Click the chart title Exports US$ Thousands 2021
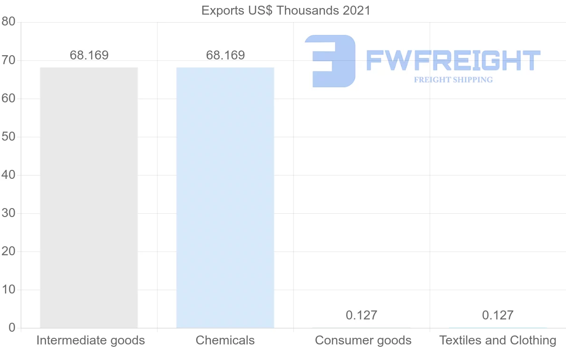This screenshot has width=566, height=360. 286,10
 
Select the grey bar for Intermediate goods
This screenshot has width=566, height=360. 89,198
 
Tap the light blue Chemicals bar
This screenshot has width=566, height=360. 225,198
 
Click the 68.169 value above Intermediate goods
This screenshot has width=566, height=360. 89,55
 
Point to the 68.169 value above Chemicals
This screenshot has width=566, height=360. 225,55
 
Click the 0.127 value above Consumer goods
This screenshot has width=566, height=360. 361,315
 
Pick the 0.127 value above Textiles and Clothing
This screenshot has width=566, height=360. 498,315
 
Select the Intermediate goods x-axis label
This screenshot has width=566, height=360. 91,340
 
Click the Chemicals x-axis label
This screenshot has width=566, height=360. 225,340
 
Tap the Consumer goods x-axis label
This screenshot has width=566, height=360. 363,340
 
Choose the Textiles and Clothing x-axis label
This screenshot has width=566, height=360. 498,340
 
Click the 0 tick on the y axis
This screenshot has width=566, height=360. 12,328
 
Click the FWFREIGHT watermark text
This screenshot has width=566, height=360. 453,60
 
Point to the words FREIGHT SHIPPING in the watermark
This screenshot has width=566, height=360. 453,80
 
